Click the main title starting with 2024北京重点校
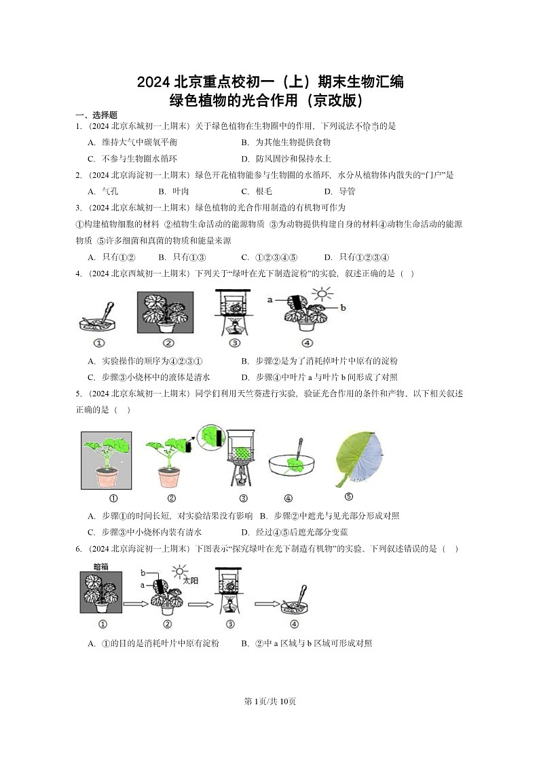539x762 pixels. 269,83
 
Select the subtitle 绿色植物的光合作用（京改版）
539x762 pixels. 269,101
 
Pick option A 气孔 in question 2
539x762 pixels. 103,191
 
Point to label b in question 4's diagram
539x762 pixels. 343,307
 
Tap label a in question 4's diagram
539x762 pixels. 270,299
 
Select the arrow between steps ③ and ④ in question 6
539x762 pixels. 265,603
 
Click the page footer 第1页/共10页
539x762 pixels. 269,701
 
